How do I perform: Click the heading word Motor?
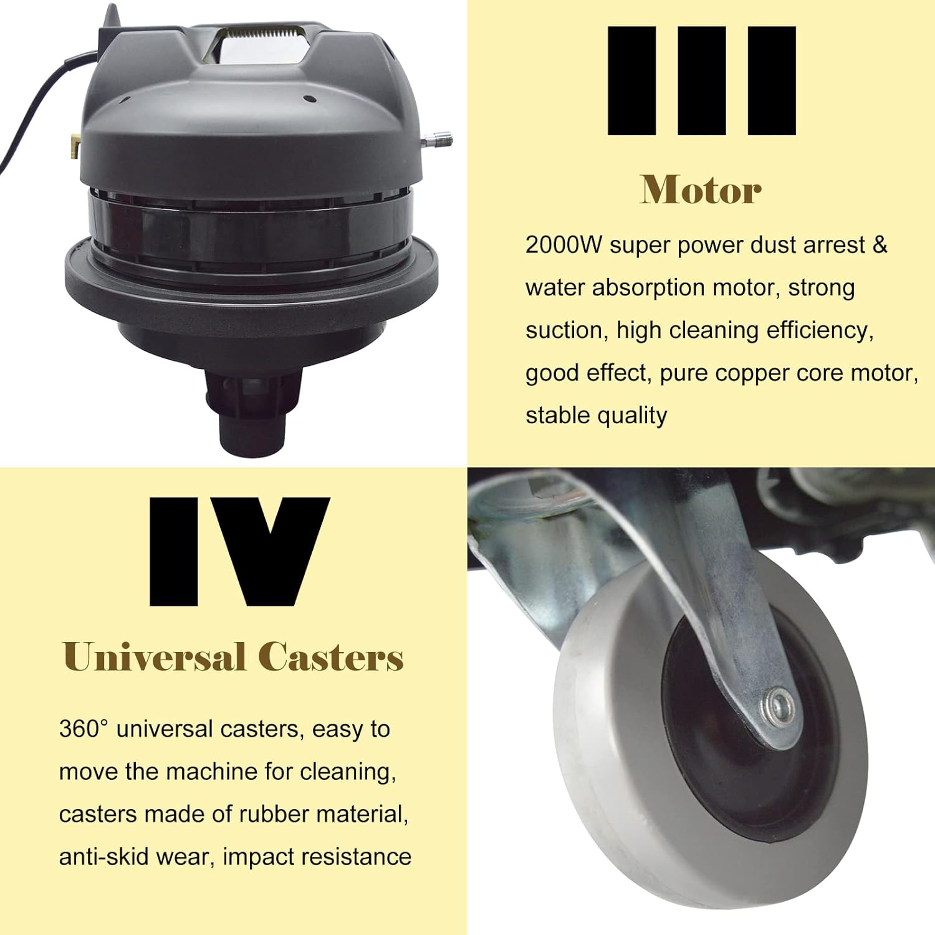pyautogui.click(x=701, y=189)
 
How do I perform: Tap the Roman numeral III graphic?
pyautogui.click(x=702, y=81)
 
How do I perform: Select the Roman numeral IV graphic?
pyautogui.click(x=239, y=552)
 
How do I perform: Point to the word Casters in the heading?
pyautogui.click(x=331, y=657)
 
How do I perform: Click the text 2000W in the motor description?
pyautogui.click(x=563, y=245)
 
